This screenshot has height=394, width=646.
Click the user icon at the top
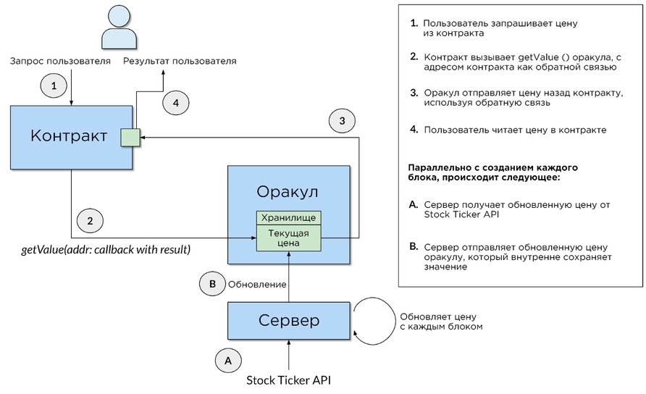tap(120, 27)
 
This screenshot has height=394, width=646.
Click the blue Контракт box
tap(70, 137)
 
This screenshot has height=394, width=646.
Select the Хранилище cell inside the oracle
tap(289, 217)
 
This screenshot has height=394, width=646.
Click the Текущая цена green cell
tap(289, 239)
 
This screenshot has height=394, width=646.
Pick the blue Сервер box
tap(289, 321)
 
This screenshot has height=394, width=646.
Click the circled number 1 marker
tap(53, 86)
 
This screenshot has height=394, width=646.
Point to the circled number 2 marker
tap(89, 220)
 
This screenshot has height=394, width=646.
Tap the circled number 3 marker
tap(343, 120)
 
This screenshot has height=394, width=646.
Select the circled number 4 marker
tap(175, 104)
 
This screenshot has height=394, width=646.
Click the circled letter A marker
tap(228, 359)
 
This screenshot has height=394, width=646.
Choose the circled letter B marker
tap(212, 285)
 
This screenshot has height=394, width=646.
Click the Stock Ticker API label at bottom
tap(289, 380)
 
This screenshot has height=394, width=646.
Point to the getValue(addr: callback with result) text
tap(106, 250)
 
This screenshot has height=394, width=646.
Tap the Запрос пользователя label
tap(59, 62)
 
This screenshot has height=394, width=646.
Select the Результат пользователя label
tap(180, 62)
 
